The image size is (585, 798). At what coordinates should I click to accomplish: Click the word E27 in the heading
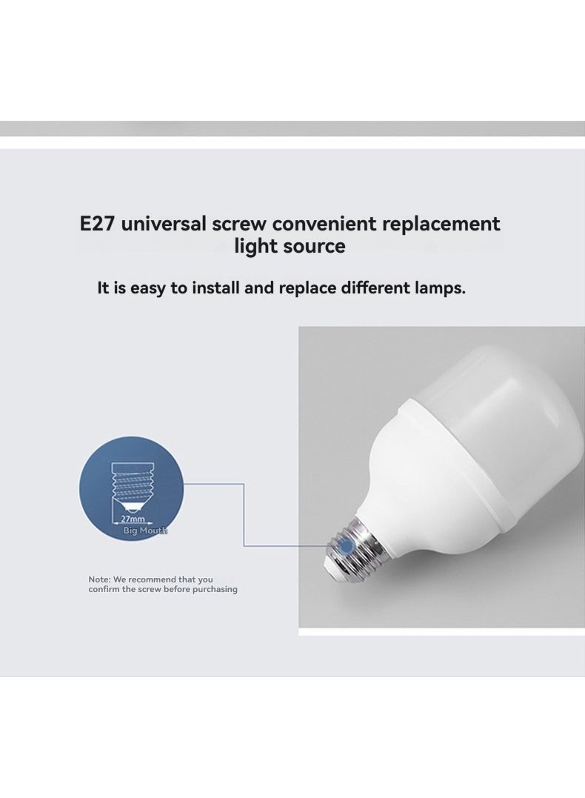click(x=97, y=224)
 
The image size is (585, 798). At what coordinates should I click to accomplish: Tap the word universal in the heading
click(x=164, y=224)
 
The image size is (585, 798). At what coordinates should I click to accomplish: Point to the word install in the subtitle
click(x=215, y=288)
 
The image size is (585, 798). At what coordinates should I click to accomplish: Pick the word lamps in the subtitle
click(x=440, y=288)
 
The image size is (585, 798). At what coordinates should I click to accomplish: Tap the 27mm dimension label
click(x=133, y=519)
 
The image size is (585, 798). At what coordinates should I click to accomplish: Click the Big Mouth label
click(x=145, y=531)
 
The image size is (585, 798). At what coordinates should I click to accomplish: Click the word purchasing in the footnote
click(x=215, y=589)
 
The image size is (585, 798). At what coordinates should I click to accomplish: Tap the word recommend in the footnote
click(x=152, y=579)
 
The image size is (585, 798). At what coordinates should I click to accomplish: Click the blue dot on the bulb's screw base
click(x=346, y=547)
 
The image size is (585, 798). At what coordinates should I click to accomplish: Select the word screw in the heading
click(x=239, y=225)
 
